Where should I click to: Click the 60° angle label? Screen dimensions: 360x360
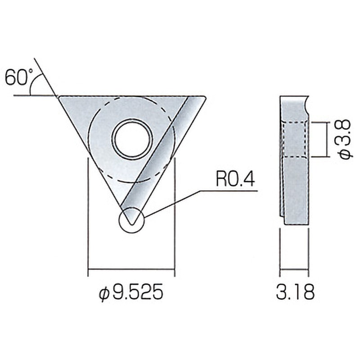[17, 77]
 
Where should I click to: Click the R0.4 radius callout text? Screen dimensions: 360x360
[235, 180]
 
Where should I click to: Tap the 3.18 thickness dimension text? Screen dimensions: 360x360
[295, 292]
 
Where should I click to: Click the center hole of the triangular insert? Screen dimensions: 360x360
[132, 138]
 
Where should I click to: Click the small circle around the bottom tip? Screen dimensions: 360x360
[131, 220]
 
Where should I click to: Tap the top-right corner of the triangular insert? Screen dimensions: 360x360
[205, 97]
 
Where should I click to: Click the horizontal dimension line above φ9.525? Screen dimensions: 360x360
[131, 270]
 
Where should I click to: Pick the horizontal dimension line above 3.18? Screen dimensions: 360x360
[294, 270]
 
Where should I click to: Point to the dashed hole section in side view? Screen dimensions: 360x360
[295, 139]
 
